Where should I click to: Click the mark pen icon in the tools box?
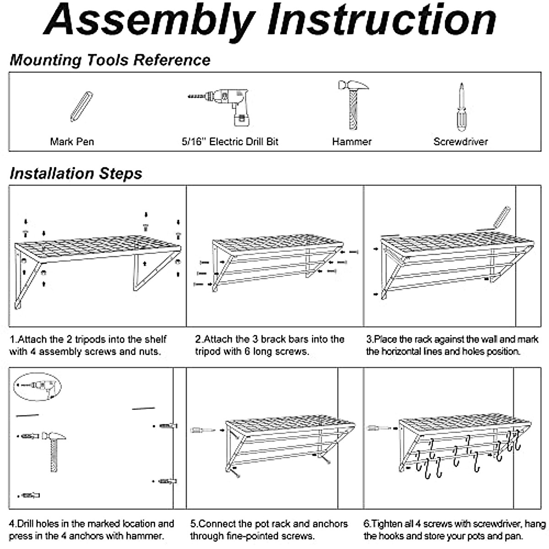(x=81, y=106)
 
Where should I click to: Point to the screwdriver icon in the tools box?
(x=461, y=107)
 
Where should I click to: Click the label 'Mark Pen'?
(x=72, y=141)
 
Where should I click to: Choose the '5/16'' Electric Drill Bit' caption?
(x=230, y=141)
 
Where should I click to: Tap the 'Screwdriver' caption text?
(x=460, y=141)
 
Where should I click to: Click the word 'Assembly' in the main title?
(x=149, y=21)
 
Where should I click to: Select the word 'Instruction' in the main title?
(x=382, y=21)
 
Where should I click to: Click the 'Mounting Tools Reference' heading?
(x=110, y=60)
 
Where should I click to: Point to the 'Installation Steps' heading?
(x=76, y=173)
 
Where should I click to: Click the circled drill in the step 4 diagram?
(x=38, y=387)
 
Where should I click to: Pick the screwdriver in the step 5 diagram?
(x=202, y=430)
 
